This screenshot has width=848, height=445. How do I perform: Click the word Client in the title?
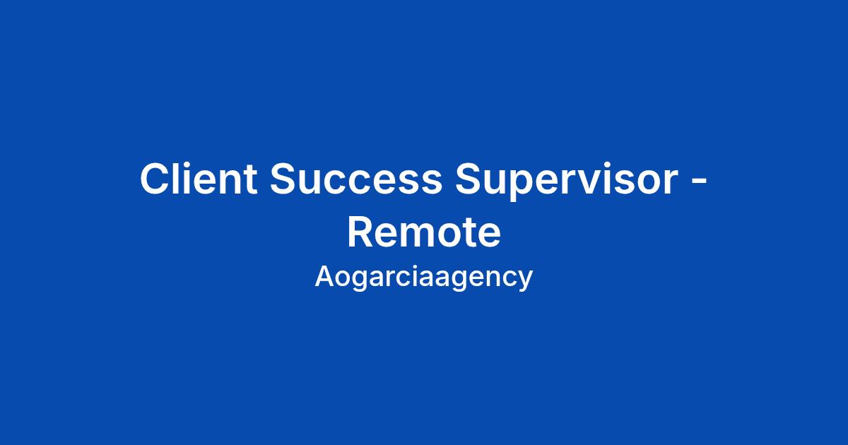click(199, 178)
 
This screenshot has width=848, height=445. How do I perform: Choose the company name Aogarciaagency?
click(423, 278)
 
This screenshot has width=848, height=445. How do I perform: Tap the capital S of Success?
click(284, 178)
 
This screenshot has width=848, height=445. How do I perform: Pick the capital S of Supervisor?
click(469, 178)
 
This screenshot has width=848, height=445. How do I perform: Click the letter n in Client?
click(230, 182)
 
